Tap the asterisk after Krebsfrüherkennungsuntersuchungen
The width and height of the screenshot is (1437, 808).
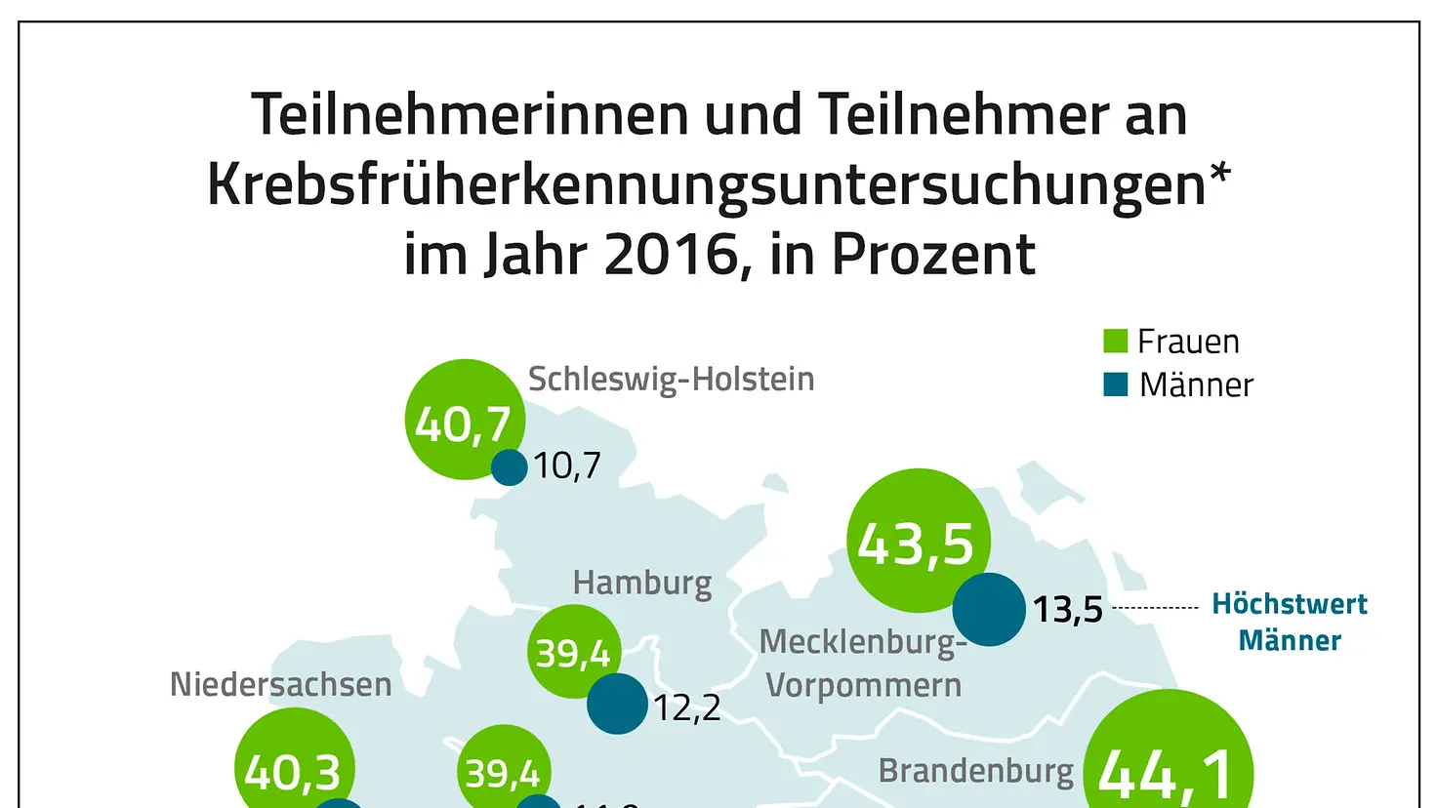tap(1219, 176)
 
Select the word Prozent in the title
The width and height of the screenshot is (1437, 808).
tap(932, 255)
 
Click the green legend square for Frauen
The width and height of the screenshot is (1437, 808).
tap(1115, 341)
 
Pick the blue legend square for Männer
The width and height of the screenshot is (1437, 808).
tap(1115, 384)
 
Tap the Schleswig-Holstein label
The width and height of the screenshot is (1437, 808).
tap(671, 379)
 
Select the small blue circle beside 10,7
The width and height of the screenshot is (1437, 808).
tap(509, 467)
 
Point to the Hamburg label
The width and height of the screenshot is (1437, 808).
tap(641, 583)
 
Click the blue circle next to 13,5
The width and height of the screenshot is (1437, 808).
tap(988, 609)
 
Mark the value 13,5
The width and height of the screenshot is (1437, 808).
tap(1067, 610)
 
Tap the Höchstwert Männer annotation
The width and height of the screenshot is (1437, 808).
tap(1289, 622)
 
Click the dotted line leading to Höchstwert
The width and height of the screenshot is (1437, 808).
tap(1155, 608)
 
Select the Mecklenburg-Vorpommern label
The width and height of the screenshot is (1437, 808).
tap(863, 664)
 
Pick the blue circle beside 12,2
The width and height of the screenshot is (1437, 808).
tap(617, 704)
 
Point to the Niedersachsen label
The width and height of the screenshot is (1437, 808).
tap(280, 685)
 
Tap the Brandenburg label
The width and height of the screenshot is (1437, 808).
tap(975, 771)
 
